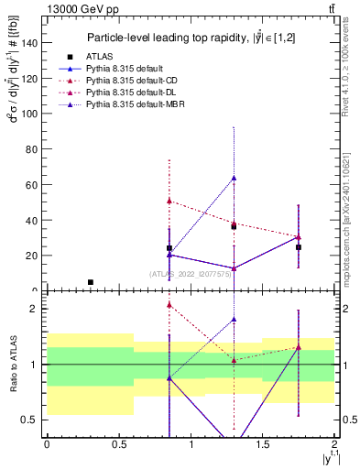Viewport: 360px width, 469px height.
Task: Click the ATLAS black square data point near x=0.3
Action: (90, 282)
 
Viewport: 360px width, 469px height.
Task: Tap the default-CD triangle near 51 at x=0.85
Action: (169, 201)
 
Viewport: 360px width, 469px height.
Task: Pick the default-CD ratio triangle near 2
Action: (169, 304)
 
